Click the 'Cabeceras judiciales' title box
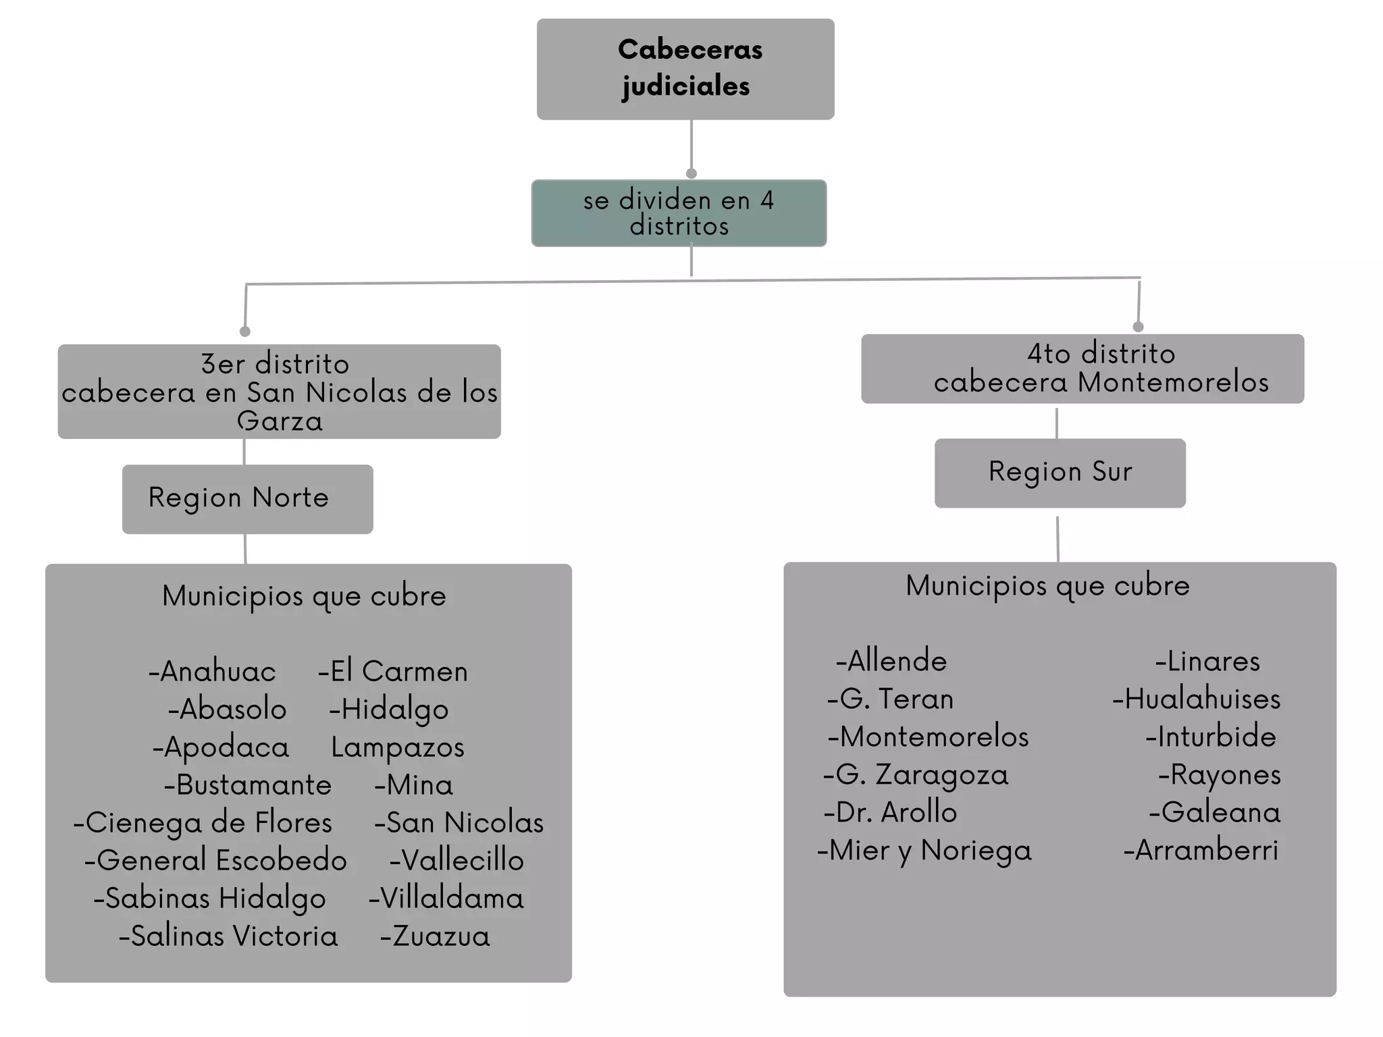(685, 69)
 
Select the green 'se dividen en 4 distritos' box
(679, 213)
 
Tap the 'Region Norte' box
(247, 499)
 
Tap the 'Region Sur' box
(1060, 473)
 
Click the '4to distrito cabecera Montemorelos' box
(1082, 369)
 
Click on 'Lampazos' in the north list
(398, 747)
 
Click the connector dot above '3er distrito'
(245, 331)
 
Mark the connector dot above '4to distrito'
(1138, 327)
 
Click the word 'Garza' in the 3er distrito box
(280, 421)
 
